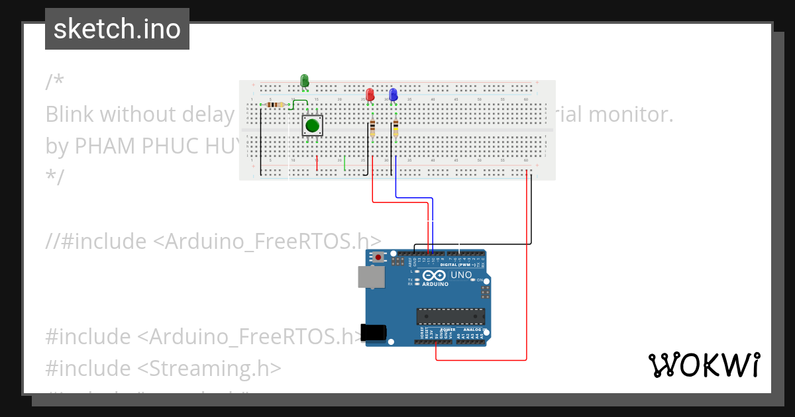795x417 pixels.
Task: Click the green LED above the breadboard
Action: point(305,81)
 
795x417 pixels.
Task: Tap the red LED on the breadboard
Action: point(370,95)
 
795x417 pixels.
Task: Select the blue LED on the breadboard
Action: point(394,95)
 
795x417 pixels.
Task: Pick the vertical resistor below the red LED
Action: point(372,127)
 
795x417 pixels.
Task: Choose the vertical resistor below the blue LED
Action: point(396,127)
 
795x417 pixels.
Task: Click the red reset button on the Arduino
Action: point(378,257)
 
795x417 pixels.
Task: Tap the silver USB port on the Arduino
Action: point(371,277)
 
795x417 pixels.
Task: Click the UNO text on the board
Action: point(461,275)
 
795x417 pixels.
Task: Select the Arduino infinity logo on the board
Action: point(435,276)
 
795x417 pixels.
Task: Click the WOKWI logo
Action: point(704,365)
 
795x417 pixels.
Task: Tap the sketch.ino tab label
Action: point(117,29)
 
